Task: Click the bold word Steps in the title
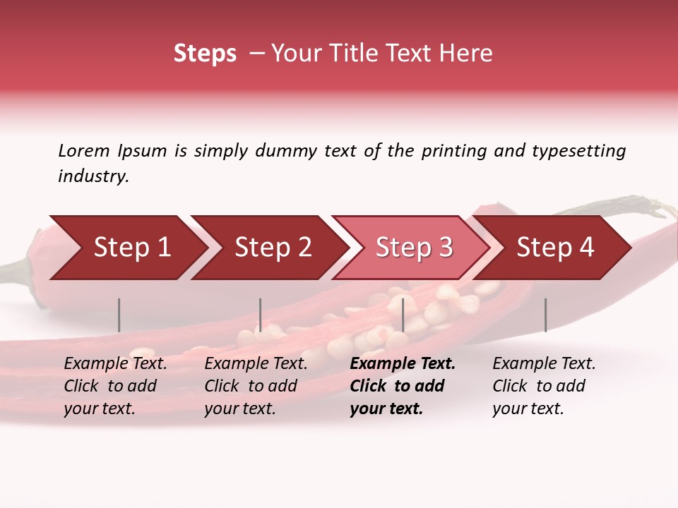205,54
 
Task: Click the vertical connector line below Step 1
119,315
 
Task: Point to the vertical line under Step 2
261,315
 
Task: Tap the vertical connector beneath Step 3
403,315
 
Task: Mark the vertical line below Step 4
545,315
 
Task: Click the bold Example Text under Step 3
402,386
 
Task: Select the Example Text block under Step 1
115,386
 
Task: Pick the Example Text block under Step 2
256,386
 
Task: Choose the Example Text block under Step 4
544,386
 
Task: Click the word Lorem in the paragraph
84,150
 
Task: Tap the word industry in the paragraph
93,176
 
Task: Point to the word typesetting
578,151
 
